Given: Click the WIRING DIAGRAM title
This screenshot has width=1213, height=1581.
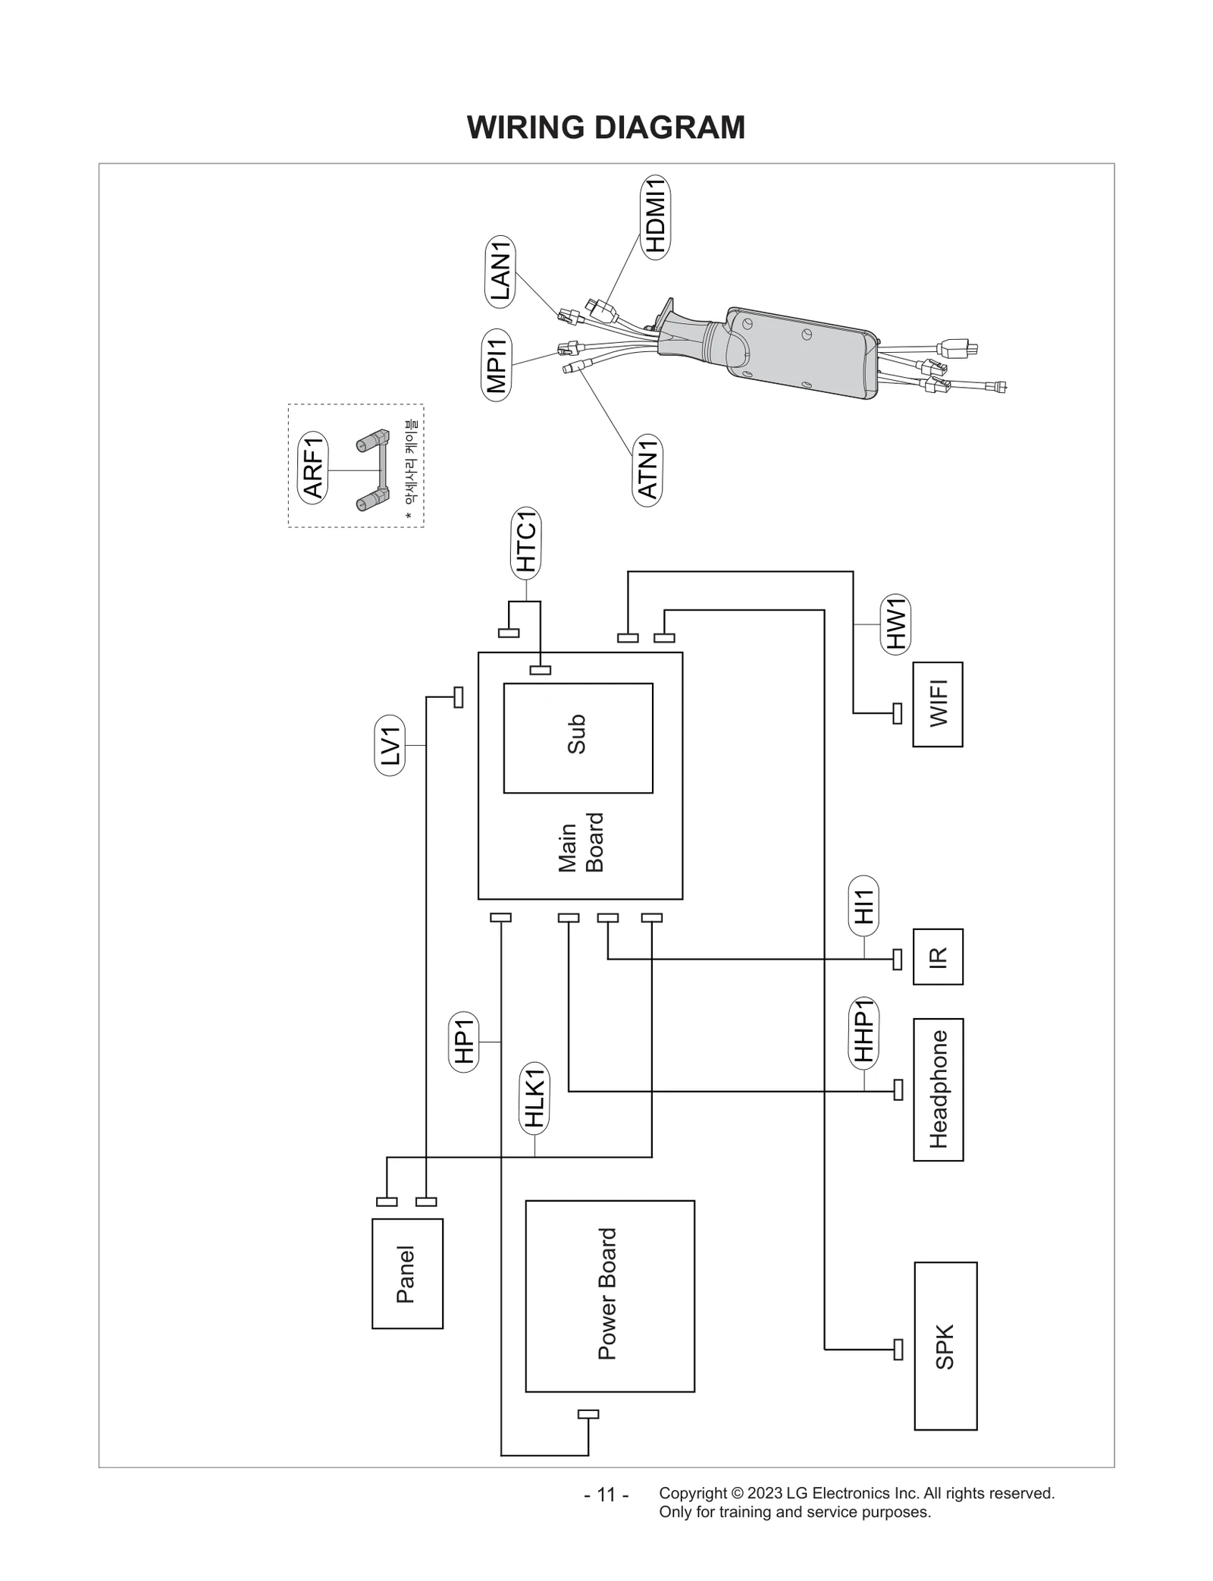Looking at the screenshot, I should coord(606,127).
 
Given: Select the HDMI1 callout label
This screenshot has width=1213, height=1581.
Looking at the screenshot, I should coord(656,217).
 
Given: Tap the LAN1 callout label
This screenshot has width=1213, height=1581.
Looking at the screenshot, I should coord(500,271).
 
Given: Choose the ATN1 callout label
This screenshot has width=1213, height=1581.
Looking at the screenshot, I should coord(647,470).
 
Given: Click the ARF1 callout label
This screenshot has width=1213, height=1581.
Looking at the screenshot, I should coord(313,468).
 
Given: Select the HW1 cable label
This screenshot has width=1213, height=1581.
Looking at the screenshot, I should coord(895,623).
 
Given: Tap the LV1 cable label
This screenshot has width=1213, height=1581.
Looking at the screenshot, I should coord(390,745).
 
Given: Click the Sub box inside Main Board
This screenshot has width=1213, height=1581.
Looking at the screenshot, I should coord(578,737).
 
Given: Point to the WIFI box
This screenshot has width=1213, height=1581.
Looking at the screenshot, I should coord(938,704).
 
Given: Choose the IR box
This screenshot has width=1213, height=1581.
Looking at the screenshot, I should coord(938,957).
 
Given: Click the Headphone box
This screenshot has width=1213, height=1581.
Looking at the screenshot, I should coord(938,1089).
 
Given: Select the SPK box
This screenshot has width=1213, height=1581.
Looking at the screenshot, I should coord(945,1346).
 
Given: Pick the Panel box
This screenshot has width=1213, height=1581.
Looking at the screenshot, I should coord(407,1274).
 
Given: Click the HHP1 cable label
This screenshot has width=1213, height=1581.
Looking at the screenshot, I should coord(864,1033).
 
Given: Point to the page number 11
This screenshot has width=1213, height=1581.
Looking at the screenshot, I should coord(606,1495).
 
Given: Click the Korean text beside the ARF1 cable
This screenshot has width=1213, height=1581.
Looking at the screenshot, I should coord(410,464).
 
